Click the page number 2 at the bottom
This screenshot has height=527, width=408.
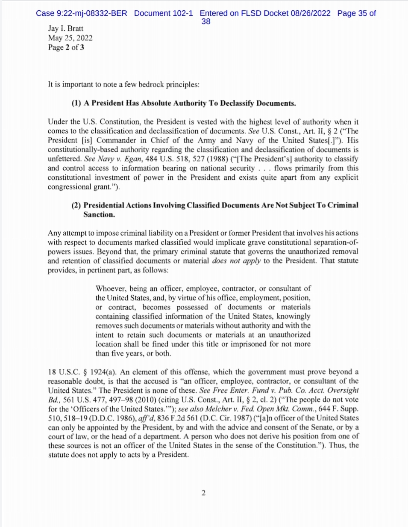[x=204, y=493]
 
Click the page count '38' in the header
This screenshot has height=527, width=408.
[x=205, y=21]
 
